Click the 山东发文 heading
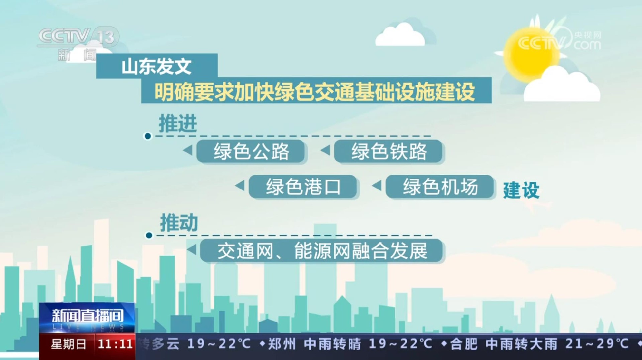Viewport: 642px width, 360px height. [156, 66]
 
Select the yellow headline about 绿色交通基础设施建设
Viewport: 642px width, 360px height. [315, 91]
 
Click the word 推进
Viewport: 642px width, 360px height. [178, 123]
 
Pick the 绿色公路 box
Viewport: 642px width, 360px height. [251, 151]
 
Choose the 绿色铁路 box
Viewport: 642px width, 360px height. [389, 151]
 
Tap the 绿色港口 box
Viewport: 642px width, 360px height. [303, 186]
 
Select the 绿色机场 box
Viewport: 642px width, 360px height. [440, 186]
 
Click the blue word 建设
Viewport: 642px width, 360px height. [521, 190]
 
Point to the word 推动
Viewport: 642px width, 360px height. [179, 222]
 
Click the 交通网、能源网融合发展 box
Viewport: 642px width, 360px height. [322, 251]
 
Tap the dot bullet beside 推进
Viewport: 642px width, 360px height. [148, 136]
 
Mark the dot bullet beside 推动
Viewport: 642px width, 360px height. [149, 236]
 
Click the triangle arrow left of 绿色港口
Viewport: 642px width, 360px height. [240, 185]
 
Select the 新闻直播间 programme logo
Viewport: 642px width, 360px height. [87, 318]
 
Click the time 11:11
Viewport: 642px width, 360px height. [115, 344]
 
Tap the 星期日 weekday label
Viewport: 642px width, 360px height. [69, 344]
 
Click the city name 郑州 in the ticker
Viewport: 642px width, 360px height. [282, 344]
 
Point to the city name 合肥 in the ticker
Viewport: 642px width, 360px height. [463, 344]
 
